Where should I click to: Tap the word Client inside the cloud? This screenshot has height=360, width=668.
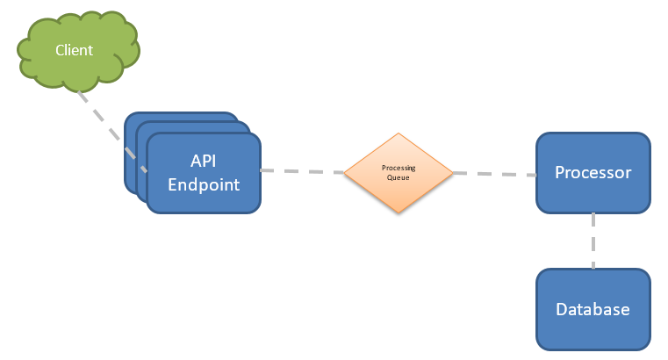click(74, 50)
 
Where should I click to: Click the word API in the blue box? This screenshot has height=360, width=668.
click(203, 161)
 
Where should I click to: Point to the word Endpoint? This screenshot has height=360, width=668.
click(203, 184)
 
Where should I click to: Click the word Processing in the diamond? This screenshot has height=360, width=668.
click(398, 168)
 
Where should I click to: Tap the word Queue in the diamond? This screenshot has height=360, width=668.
click(398, 177)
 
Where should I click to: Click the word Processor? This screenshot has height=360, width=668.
click(593, 172)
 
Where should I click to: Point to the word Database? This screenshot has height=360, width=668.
click(593, 309)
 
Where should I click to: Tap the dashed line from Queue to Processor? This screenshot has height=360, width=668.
click(494, 174)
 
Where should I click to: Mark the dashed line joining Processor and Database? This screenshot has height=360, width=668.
click(593, 241)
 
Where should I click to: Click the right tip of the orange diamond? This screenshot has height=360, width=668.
click(451, 173)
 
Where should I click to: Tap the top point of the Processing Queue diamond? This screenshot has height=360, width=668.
click(399, 134)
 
